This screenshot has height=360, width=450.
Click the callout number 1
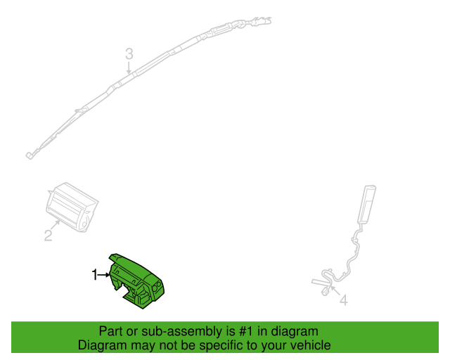(x=95, y=275)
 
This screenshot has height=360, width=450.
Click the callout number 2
(x=49, y=236)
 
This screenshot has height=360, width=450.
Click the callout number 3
(x=129, y=54)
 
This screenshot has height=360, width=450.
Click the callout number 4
(x=344, y=300)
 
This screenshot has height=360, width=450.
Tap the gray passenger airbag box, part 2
(x=72, y=207)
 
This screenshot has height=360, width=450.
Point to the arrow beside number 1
(x=104, y=275)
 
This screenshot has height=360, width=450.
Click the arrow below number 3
(x=129, y=67)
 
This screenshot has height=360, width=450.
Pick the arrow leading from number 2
(x=56, y=224)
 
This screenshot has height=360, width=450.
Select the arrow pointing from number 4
(x=335, y=290)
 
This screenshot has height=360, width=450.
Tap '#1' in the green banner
(x=247, y=331)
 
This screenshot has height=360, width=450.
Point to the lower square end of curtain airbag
(x=30, y=155)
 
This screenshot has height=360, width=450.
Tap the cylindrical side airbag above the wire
(x=366, y=204)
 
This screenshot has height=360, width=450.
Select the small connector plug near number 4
(x=326, y=292)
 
